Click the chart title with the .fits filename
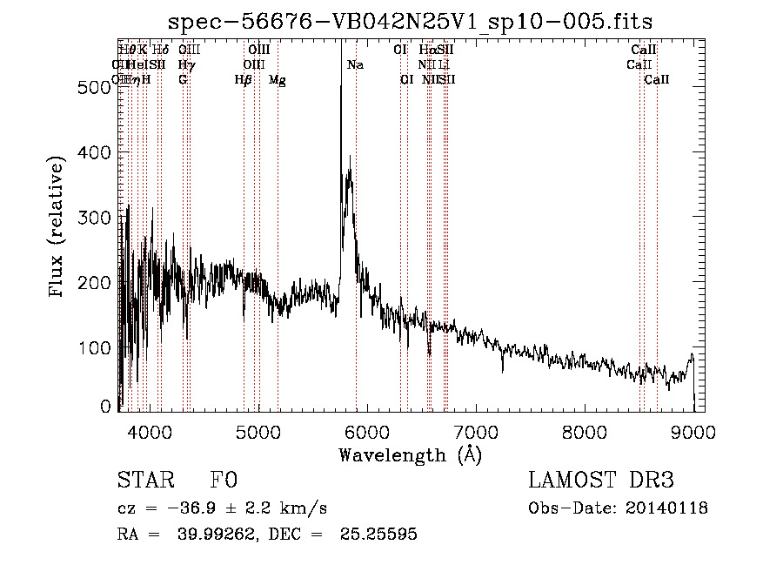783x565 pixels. tap(411, 20)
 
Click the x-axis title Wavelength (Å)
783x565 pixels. tap(410, 454)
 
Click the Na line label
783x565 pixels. tap(355, 64)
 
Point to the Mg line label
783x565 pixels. tap(277, 79)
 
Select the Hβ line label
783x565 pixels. tap(243, 79)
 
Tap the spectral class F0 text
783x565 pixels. tap(224, 481)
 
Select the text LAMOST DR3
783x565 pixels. tap(601, 481)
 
